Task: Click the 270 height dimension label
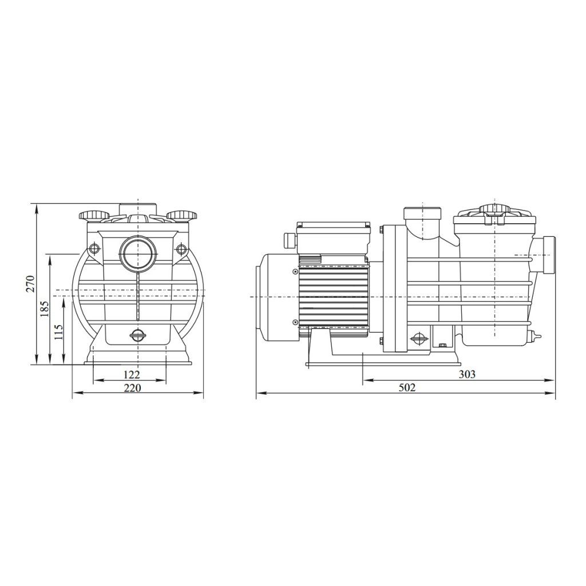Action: tap(31, 283)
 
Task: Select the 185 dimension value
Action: tap(45, 308)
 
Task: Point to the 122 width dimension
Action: tap(131, 374)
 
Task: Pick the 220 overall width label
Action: tap(132, 387)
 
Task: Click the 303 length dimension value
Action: tap(467, 374)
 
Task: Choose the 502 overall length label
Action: tap(407, 387)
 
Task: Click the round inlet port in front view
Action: tap(138, 252)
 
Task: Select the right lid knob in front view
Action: tap(181, 216)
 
